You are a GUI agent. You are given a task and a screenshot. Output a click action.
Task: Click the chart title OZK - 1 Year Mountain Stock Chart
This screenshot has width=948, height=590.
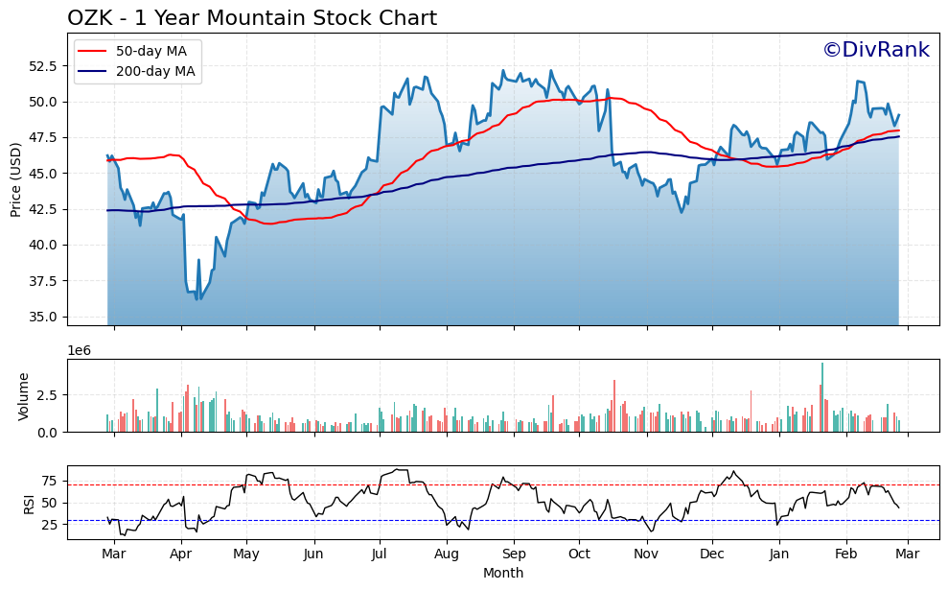[251, 18]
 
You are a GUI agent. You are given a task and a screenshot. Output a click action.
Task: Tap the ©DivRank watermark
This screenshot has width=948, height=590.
[875, 50]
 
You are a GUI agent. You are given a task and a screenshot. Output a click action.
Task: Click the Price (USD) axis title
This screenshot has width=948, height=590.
[16, 179]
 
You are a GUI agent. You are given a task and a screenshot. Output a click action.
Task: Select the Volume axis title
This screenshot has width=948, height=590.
[24, 396]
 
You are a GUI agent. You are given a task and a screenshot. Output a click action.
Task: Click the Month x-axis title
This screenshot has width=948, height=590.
[503, 573]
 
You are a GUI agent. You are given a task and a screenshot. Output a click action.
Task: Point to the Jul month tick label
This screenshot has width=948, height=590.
[380, 555]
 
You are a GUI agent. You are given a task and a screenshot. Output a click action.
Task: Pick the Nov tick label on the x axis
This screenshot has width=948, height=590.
[646, 555]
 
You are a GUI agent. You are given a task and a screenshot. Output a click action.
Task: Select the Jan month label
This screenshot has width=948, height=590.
[778, 555]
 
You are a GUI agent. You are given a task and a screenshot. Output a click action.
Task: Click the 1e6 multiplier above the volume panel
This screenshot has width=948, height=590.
[79, 350]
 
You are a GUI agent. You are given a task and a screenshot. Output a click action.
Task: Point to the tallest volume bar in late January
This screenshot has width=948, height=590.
[822, 397]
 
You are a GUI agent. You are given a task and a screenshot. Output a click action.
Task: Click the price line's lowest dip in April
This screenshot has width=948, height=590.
[197, 298]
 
